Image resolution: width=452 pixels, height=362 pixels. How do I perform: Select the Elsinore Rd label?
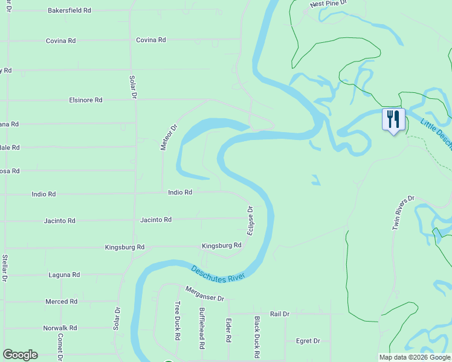click(86, 100)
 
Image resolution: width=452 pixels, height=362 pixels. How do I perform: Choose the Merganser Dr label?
click(205, 295)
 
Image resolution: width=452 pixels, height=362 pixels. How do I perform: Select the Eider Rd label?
click(228, 331)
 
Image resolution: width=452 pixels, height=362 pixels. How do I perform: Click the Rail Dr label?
click(280, 314)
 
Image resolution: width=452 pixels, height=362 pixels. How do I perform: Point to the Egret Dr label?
click(308, 341)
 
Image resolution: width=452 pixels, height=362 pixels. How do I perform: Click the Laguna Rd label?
click(64, 275)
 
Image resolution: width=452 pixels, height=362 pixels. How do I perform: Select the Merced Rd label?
click(62, 301)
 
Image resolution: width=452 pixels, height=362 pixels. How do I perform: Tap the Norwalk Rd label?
click(60, 328)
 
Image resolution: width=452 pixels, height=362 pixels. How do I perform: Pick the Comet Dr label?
click(60, 346)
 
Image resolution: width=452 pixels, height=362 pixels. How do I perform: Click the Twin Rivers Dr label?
click(404, 212)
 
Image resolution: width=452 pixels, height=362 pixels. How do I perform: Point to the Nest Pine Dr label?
click(329, 4)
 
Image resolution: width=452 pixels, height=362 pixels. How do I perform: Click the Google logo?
click(20, 355)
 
